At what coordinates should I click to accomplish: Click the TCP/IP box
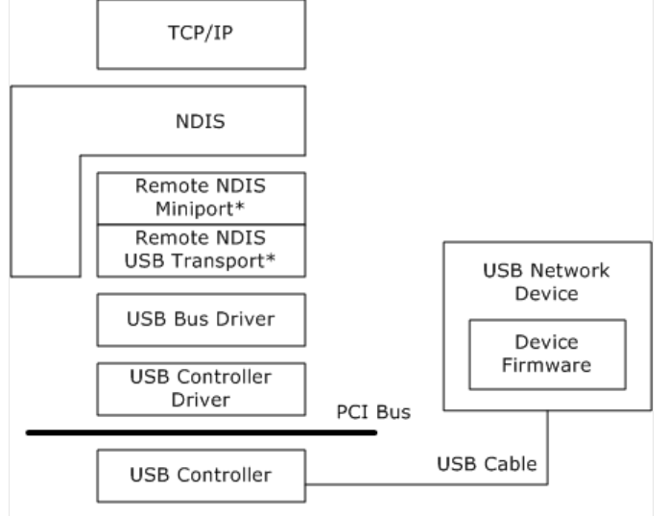pyautogui.click(x=202, y=35)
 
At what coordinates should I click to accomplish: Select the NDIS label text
pyautogui.click(x=201, y=121)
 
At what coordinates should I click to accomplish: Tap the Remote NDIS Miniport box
pyautogui.click(x=202, y=198)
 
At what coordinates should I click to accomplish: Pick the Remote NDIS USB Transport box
pyautogui.click(x=202, y=251)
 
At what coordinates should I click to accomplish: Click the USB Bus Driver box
pyautogui.click(x=202, y=320)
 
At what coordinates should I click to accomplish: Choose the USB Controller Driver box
pyautogui.click(x=202, y=389)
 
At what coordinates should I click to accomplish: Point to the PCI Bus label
pyautogui.click(x=373, y=412)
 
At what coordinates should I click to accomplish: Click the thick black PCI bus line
pyautogui.click(x=202, y=432)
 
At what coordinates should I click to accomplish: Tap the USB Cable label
pyautogui.click(x=487, y=464)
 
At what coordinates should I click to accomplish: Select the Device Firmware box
pyautogui.click(x=547, y=355)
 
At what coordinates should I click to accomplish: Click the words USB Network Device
pyautogui.click(x=546, y=282)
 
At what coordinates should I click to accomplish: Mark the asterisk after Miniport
pyautogui.click(x=240, y=207)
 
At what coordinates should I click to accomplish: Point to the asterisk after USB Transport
pyautogui.click(x=270, y=258)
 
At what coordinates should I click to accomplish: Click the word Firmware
pyautogui.click(x=546, y=365)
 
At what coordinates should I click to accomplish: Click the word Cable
pyautogui.click(x=510, y=464)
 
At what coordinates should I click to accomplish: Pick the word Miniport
pyautogui.click(x=195, y=209)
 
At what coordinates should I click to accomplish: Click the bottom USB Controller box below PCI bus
pyautogui.click(x=202, y=476)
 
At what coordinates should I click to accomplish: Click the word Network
pyautogui.click(x=570, y=271)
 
